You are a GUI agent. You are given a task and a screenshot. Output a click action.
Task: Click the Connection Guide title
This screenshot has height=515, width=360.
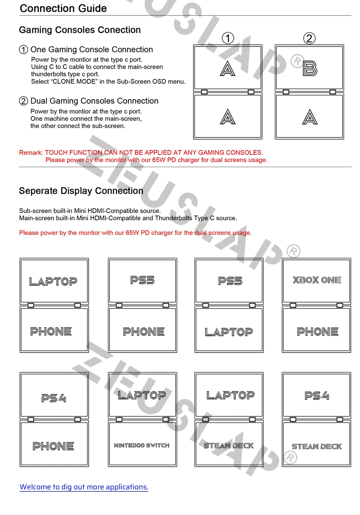click(63, 8)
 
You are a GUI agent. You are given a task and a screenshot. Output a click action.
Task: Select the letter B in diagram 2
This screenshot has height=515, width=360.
click(310, 68)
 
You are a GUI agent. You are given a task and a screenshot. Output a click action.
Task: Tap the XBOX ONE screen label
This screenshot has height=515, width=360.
click(317, 280)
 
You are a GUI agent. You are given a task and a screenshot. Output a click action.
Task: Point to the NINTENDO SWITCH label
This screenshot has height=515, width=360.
click(142, 446)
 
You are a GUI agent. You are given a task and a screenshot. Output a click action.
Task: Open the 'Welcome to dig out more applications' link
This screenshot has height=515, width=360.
click(84, 487)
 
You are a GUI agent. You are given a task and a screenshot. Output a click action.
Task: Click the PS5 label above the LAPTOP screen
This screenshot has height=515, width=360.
click(230, 281)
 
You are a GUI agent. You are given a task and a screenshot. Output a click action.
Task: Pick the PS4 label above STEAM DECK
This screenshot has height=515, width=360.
click(317, 395)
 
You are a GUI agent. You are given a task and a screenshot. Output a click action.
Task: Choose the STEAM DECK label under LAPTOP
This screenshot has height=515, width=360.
click(229, 446)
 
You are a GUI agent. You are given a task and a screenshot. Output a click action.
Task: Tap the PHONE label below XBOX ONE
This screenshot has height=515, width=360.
click(317, 331)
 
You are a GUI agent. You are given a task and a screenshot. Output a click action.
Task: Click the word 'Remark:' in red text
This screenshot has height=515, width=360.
click(31, 153)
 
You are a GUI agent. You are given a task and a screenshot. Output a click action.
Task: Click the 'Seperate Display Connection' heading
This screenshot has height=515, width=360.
click(81, 191)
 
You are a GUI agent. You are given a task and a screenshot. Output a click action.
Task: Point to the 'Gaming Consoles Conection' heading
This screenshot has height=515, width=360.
click(80, 30)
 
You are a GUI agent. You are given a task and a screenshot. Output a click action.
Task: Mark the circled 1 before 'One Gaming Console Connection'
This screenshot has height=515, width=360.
click(23, 50)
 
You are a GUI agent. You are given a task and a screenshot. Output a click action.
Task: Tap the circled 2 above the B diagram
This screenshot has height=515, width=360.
click(309, 38)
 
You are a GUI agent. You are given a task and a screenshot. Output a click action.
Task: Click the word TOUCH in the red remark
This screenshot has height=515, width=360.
click(56, 153)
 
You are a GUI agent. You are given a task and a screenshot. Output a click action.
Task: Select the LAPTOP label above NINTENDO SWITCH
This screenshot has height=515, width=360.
click(142, 395)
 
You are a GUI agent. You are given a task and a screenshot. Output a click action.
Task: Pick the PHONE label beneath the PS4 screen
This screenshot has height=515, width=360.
click(53, 446)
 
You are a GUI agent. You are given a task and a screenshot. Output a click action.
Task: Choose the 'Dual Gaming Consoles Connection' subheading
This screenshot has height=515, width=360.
click(94, 101)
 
